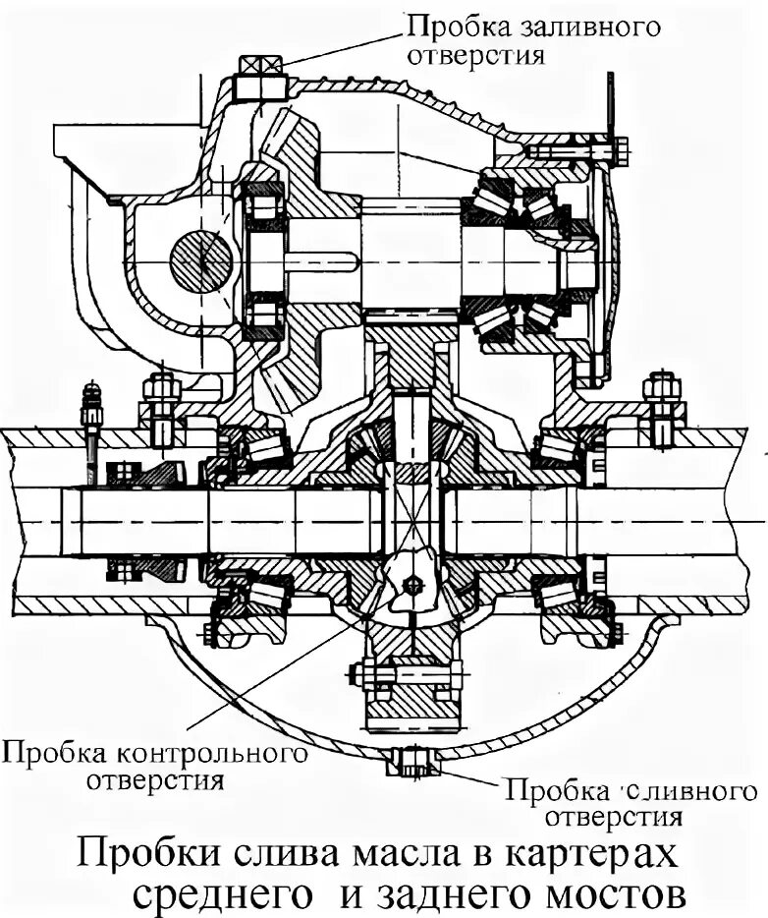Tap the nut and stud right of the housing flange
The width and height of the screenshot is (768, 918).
click(x=662, y=398)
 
